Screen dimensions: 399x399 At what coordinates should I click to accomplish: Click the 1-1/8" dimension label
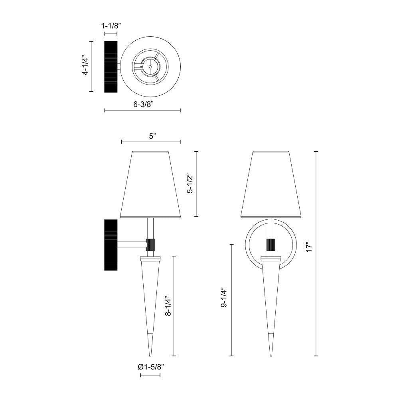[x=111, y=26]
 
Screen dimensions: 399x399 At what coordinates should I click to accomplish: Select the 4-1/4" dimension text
[x=85, y=66]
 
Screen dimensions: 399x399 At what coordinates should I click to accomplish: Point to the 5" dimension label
[x=152, y=136]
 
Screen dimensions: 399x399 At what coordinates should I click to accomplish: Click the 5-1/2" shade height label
[x=190, y=184]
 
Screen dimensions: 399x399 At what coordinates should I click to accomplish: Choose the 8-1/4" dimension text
[x=168, y=306]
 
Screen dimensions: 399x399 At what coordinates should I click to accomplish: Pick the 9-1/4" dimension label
[x=224, y=298]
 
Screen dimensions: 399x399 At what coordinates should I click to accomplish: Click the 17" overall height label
[x=309, y=247]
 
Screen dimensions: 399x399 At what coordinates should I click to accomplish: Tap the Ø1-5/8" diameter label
[x=151, y=367]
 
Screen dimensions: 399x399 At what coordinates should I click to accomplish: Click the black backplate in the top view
[x=111, y=66]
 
